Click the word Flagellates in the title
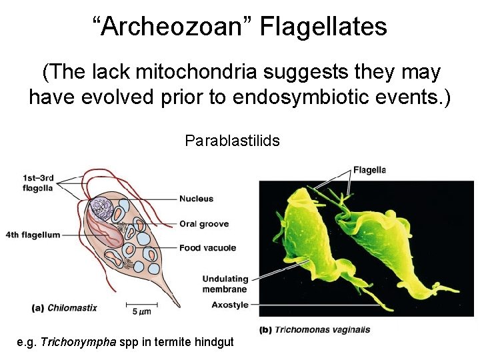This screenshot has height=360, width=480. click(323, 27)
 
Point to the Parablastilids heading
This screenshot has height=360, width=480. click(232, 141)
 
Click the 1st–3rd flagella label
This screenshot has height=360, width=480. click(37, 183)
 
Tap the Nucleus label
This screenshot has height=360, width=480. click(196, 199)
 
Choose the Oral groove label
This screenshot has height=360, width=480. click(204, 224)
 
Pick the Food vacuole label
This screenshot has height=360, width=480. click(207, 248)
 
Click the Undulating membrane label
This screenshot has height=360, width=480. click(225, 284)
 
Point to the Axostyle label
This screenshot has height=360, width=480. click(229, 305)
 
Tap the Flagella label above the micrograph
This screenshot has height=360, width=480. click(369, 169)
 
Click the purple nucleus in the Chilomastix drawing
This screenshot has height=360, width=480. click(104, 208)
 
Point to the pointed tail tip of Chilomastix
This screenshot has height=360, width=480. click(179, 306)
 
